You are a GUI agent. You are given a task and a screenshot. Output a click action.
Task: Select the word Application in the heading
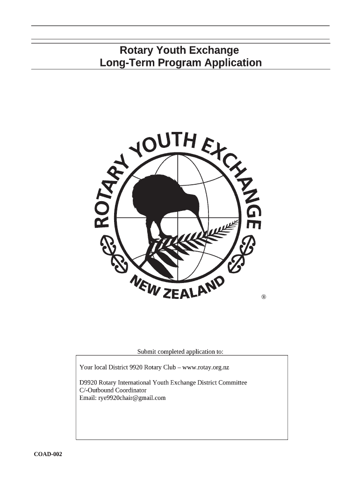234,63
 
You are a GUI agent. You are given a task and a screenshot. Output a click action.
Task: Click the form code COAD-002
48,454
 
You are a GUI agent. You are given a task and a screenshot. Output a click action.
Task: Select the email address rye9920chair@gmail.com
132,398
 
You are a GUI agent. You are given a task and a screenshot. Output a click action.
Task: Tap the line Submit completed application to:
180,351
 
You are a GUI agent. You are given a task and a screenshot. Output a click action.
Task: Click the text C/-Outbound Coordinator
113,390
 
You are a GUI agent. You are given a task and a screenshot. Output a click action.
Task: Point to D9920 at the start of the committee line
88,383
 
